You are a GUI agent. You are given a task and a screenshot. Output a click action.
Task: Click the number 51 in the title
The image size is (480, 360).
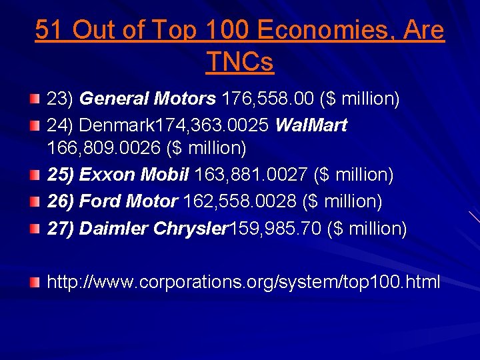[x=50, y=31]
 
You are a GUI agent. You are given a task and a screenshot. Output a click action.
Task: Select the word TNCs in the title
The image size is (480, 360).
[x=240, y=62]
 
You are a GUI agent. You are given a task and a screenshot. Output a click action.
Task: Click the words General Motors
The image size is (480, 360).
[x=147, y=99]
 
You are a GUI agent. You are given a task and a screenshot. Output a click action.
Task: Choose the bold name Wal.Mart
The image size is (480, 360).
[x=311, y=126]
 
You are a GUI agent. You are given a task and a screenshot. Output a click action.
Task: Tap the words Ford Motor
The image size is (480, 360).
[x=129, y=201]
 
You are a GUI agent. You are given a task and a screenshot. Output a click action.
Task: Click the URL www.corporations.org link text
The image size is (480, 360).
[x=243, y=282]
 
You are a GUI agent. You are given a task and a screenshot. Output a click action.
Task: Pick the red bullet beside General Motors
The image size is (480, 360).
[x=33, y=99]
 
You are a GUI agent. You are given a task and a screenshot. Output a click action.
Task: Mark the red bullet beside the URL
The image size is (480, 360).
[x=33, y=283]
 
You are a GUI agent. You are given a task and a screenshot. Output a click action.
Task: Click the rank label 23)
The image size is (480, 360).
[x=60, y=99]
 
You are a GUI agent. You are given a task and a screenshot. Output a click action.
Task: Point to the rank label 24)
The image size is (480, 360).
[x=60, y=126]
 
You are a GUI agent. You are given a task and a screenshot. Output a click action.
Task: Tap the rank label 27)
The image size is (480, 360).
[x=60, y=229]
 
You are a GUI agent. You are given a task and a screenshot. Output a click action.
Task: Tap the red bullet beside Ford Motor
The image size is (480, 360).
[x=33, y=201]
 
